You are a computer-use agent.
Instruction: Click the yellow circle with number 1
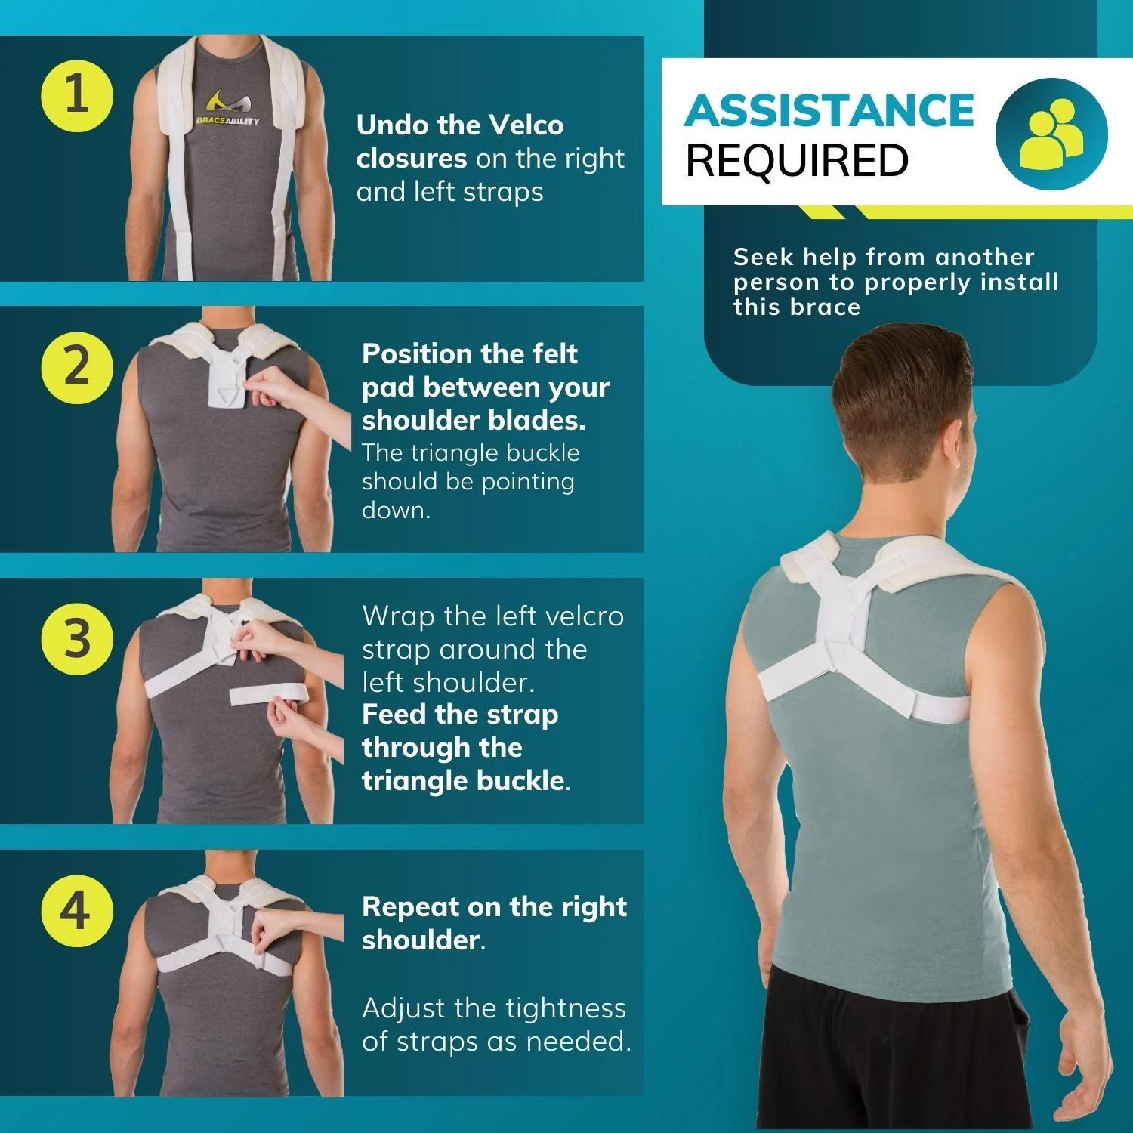pos(77,96)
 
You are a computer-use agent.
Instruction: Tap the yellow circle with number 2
pos(77,367)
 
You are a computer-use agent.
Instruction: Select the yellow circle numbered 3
pos(77,638)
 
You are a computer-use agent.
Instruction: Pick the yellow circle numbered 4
pos(77,910)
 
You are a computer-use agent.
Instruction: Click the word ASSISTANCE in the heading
pos(829,111)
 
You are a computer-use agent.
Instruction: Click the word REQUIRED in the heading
pos(797,161)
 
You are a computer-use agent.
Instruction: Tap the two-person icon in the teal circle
pos(1051,134)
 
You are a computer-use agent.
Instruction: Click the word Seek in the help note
pos(763,257)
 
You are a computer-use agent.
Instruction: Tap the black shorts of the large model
pos(891,1057)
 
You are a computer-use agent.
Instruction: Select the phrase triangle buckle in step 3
pos(464,781)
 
